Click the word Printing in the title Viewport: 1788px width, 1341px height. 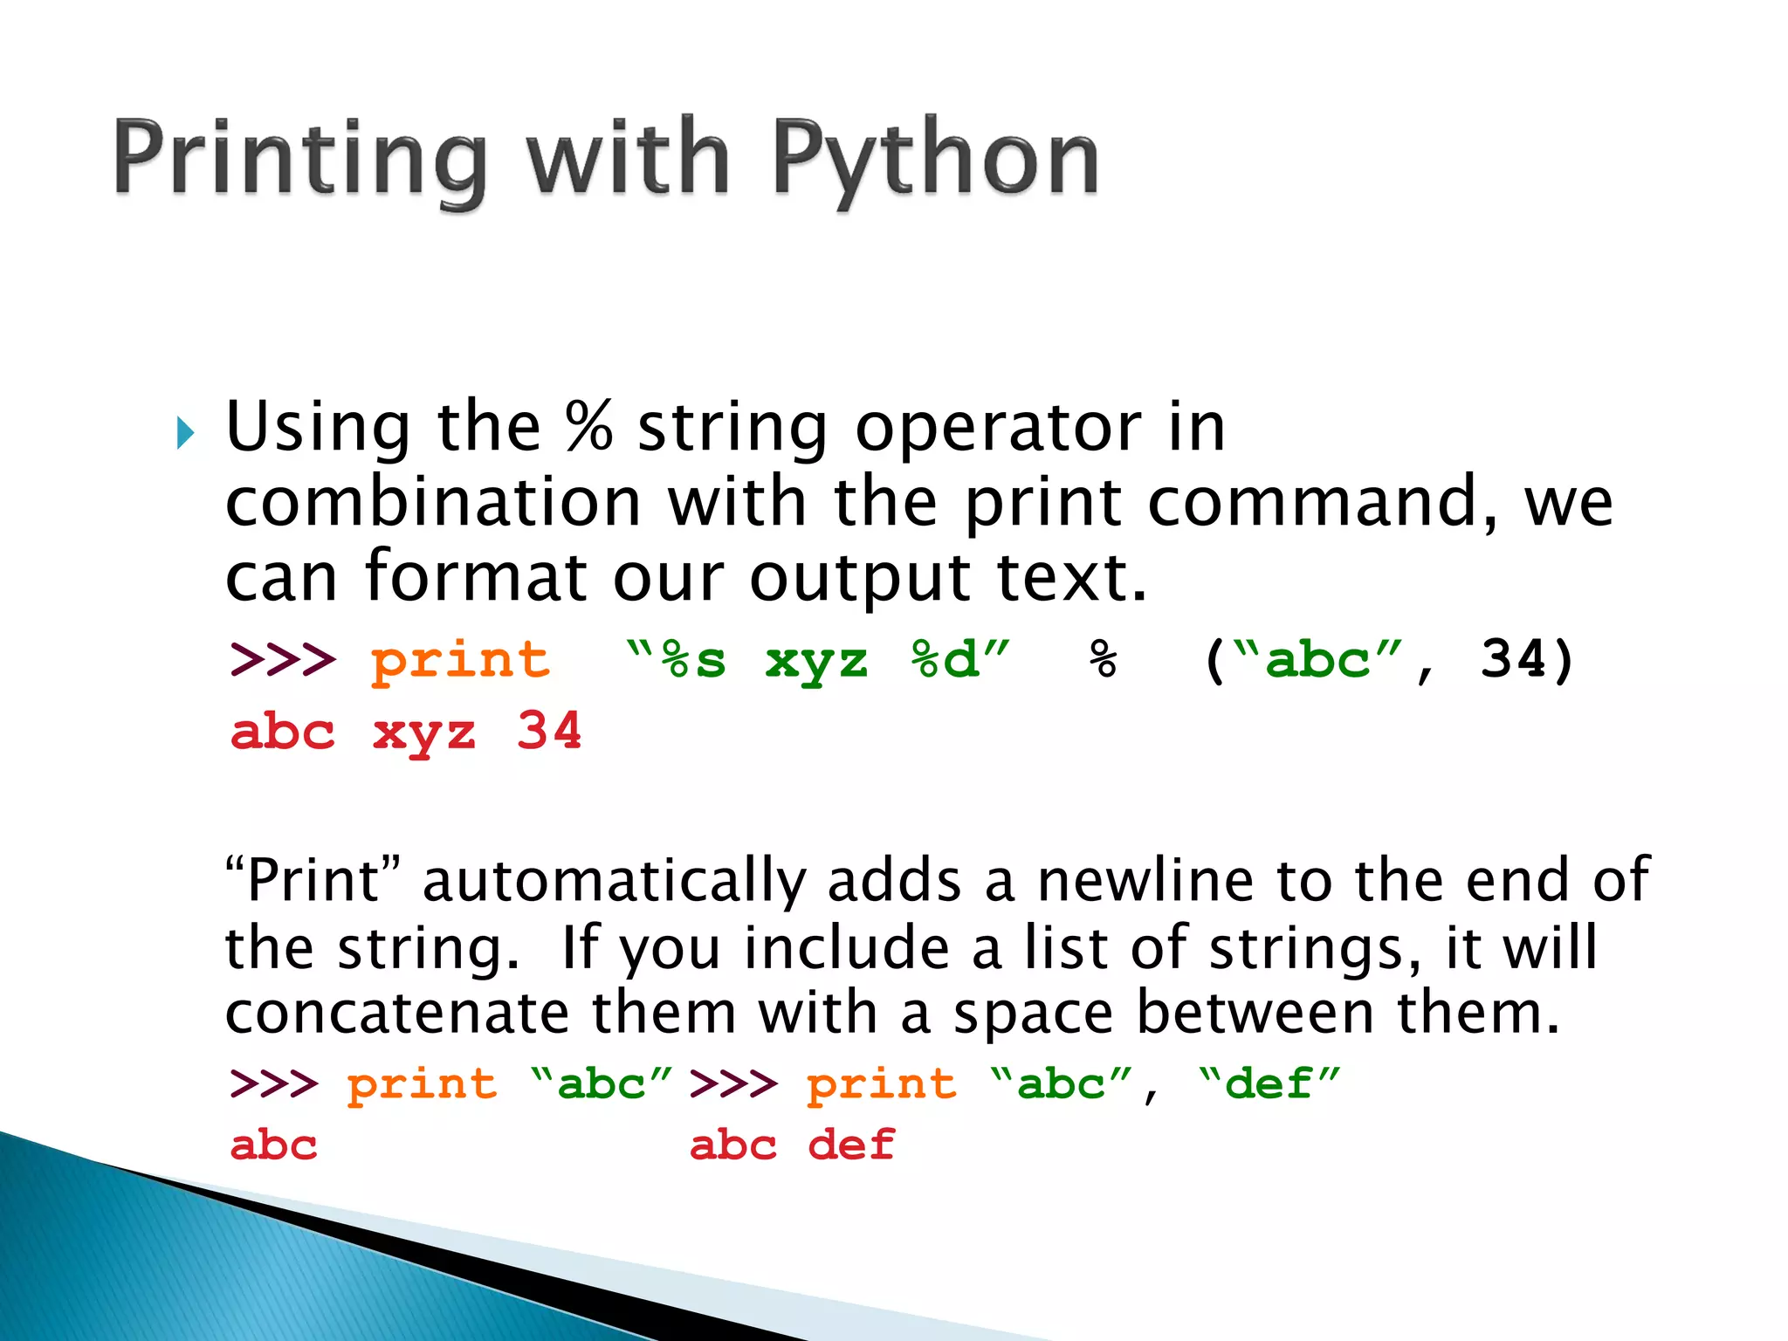click(299, 160)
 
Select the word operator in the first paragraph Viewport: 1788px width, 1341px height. click(998, 430)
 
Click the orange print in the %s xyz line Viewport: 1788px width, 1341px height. click(460, 661)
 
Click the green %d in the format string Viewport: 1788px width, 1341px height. click(945, 661)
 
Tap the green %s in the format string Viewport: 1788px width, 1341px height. click(693, 661)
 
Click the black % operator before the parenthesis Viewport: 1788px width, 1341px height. click(1103, 660)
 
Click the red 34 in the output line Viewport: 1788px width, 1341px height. click(548, 732)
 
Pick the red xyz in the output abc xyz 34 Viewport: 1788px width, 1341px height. click(424, 733)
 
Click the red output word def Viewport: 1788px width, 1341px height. click(851, 1145)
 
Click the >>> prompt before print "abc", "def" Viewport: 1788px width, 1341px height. click(733, 1085)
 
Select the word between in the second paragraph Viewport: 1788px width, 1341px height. click(1254, 1014)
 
